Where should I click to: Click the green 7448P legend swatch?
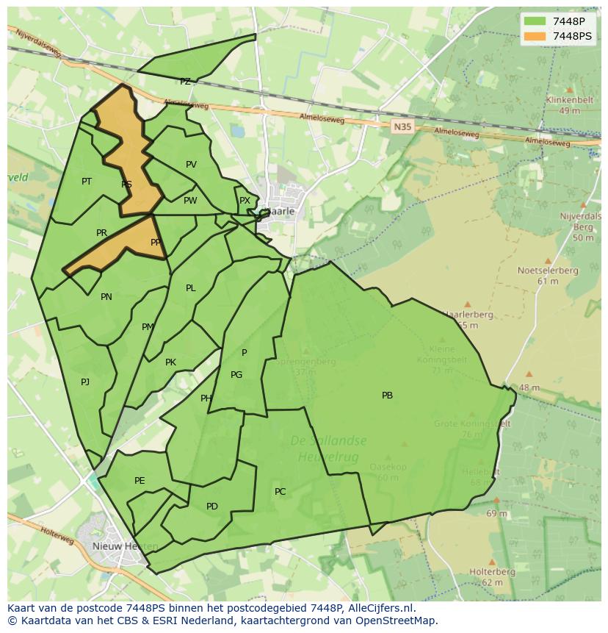pos(535,21)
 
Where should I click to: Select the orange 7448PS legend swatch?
pos(535,35)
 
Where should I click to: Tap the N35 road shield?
pos(402,126)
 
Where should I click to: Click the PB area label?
pos(387,396)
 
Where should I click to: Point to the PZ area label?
pos(185,82)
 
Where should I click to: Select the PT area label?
pos(87,181)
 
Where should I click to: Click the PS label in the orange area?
pos(126,185)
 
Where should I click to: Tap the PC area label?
pos(280,492)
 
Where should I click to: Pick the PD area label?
pos(211,507)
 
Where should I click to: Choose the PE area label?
pos(140,481)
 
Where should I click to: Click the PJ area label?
pos(85,382)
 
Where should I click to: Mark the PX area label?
pos(245,201)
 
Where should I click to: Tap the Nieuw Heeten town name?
pos(115,546)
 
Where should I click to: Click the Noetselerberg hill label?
pos(547,271)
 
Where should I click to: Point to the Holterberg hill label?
pos(492,571)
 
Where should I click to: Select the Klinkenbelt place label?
pos(569,101)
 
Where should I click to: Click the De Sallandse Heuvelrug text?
pos(328,448)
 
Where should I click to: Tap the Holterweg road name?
pos(57,536)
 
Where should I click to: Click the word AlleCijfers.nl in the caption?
pos(379,608)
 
